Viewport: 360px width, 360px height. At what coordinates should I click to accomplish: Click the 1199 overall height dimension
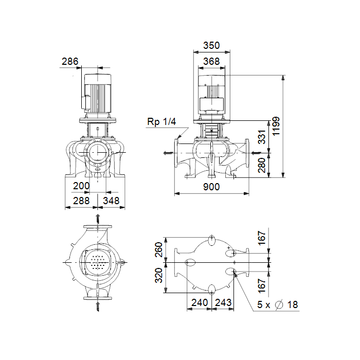pos(276,126)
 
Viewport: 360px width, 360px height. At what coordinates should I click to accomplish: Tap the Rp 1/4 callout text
pos(161,122)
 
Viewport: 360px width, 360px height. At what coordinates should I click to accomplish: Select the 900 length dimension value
pos(211,187)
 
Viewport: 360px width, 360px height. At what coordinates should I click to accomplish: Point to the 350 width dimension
pos(211,45)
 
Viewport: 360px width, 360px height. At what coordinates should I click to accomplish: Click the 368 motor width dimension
pos(211,62)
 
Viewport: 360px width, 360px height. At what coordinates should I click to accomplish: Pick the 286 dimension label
pos(70,61)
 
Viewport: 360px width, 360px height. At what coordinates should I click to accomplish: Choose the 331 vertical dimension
pos(262,137)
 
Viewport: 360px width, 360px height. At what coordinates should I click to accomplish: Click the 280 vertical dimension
pos(262,165)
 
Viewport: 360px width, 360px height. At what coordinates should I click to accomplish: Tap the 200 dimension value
pos(81,186)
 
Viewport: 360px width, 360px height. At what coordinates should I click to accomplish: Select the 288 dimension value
pos(81,201)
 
